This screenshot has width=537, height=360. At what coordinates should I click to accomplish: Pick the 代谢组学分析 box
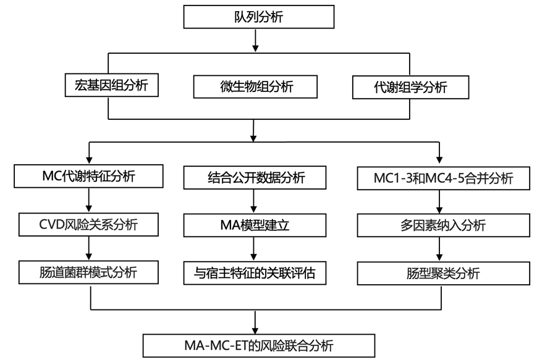pos(409,87)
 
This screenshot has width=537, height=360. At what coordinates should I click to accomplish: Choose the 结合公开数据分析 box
pos(254,178)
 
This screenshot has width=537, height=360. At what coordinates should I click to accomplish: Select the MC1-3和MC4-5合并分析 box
pos(444,179)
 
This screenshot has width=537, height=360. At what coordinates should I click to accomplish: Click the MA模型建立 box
pos(254,225)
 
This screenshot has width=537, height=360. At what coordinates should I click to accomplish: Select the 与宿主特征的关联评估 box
pos(254,272)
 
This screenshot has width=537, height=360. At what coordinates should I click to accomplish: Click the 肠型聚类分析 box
pos(443,272)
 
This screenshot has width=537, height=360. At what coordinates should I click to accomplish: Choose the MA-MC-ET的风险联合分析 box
pos(259,343)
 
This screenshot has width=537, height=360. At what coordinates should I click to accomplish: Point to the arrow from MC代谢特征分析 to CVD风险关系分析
pos(90,201)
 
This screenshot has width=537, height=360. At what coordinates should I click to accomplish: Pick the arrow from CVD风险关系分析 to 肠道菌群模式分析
pos(90,248)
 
